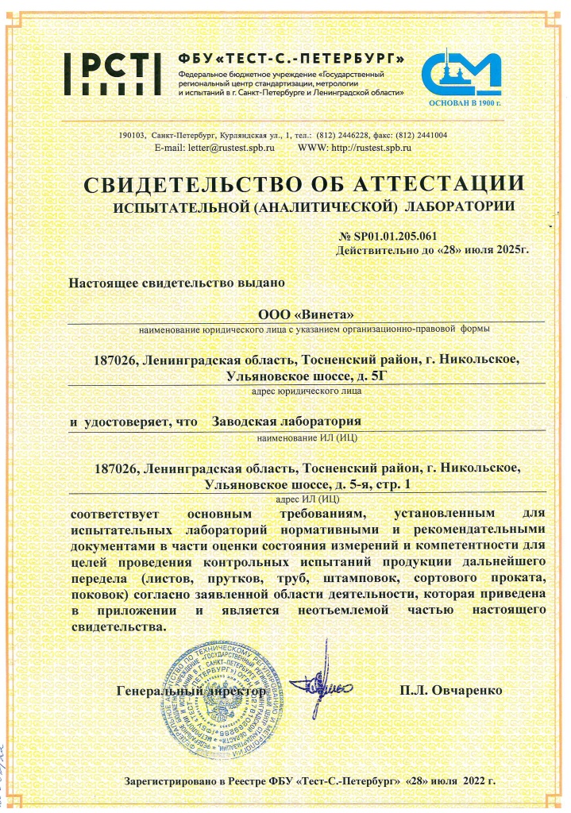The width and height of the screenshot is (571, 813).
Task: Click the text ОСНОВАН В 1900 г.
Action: pos(465,103)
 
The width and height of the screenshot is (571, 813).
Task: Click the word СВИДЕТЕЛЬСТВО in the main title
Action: pos(188,184)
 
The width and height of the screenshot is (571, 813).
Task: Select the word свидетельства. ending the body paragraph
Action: pos(118,626)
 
